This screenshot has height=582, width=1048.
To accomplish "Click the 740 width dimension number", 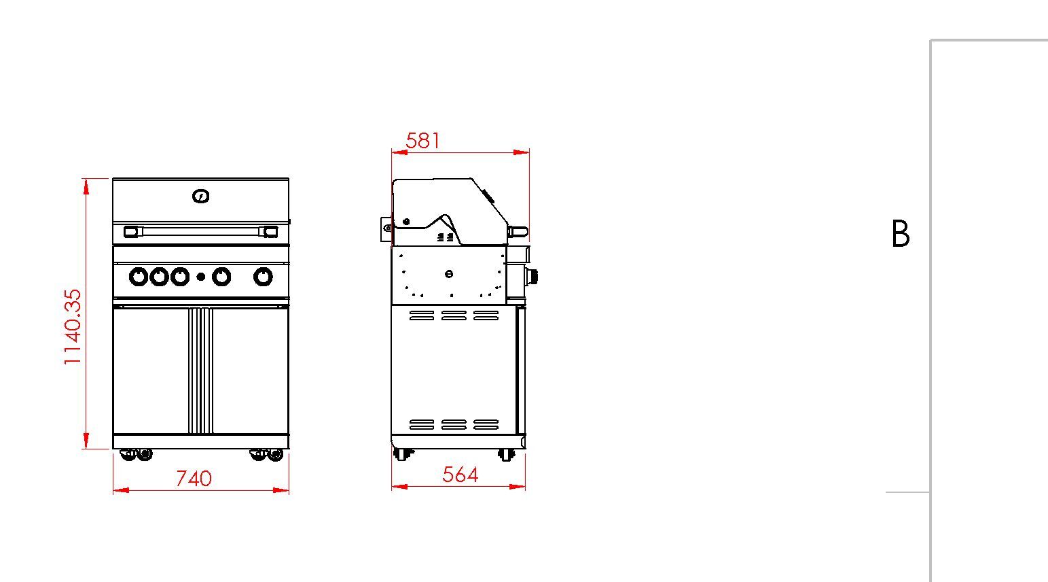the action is (194, 479).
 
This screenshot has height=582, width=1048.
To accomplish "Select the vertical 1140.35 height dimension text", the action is (73, 327).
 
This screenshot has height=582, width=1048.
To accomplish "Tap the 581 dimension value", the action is (423, 141).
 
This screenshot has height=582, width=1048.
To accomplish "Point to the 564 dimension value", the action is (460, 475).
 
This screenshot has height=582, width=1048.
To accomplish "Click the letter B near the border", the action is (901, 234).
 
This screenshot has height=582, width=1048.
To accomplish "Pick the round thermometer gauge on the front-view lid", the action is (201, 196).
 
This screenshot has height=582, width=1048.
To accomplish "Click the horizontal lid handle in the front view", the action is (201, 231).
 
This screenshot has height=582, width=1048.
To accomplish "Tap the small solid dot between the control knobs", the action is (201, 277).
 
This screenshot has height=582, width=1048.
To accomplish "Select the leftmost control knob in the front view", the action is (139, 277).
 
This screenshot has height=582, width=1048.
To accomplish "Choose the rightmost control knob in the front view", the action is (263, 277).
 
